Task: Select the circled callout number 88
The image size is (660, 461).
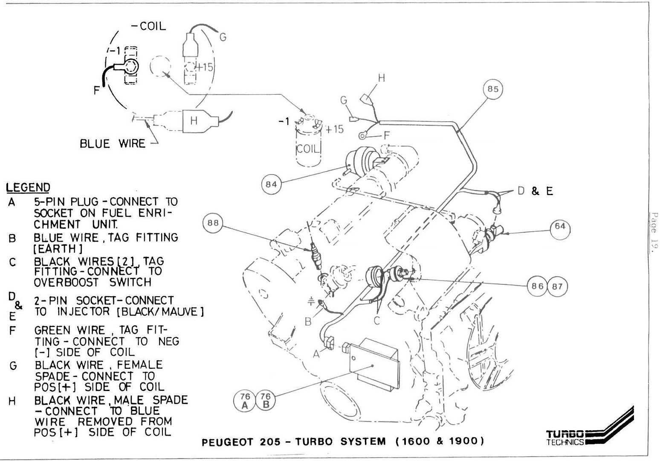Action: [x=213, y=224]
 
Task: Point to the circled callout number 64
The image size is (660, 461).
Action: [x=560, y=226]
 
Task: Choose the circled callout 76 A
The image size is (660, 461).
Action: [x=245, y=401]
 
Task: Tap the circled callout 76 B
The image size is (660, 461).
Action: [x=265, y=401]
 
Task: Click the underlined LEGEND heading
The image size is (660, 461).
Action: [x=28, y=187]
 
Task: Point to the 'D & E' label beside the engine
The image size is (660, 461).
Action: [x=535, y=191]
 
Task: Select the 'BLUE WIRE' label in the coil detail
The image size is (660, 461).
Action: [x=113, y=143]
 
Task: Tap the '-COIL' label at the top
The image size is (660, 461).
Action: [x=148, y=26]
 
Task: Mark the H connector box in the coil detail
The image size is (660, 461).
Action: [x=194, y=121]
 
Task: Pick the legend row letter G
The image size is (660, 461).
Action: [x=13, y=366]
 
